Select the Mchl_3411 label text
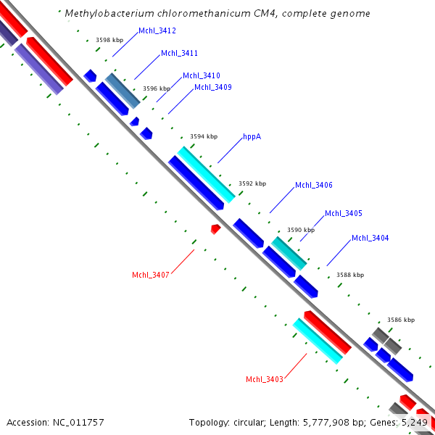tap(179, 54)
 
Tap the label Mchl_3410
tap(202, 75)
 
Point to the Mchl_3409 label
tap(213, 88)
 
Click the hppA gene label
tap(252, 136)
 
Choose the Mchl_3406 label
tap(314, 186)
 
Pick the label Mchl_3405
tap(344, 213)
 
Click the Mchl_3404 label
tap(370, 238)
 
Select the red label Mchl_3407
tap(150, 275)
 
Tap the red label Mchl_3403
tap(265, 379)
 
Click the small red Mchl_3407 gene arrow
tap(215, 229)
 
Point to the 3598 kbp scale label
tap(109, 41)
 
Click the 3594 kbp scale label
tap(204, 136)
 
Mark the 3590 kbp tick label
tap(301, 230)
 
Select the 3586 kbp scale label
tap(401, 320)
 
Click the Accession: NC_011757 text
tap(55, 422)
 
